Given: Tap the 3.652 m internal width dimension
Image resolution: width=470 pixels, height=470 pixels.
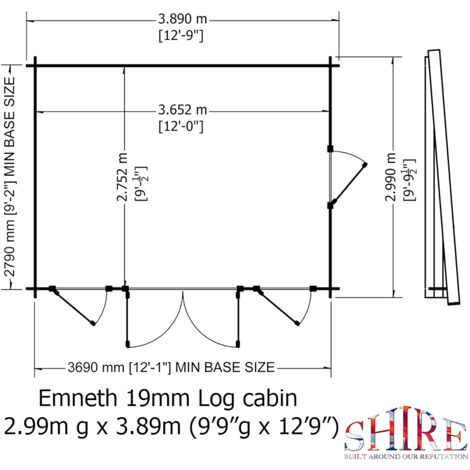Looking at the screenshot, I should (183, 110).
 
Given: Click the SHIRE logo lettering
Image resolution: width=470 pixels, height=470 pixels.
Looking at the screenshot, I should (403, 436).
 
